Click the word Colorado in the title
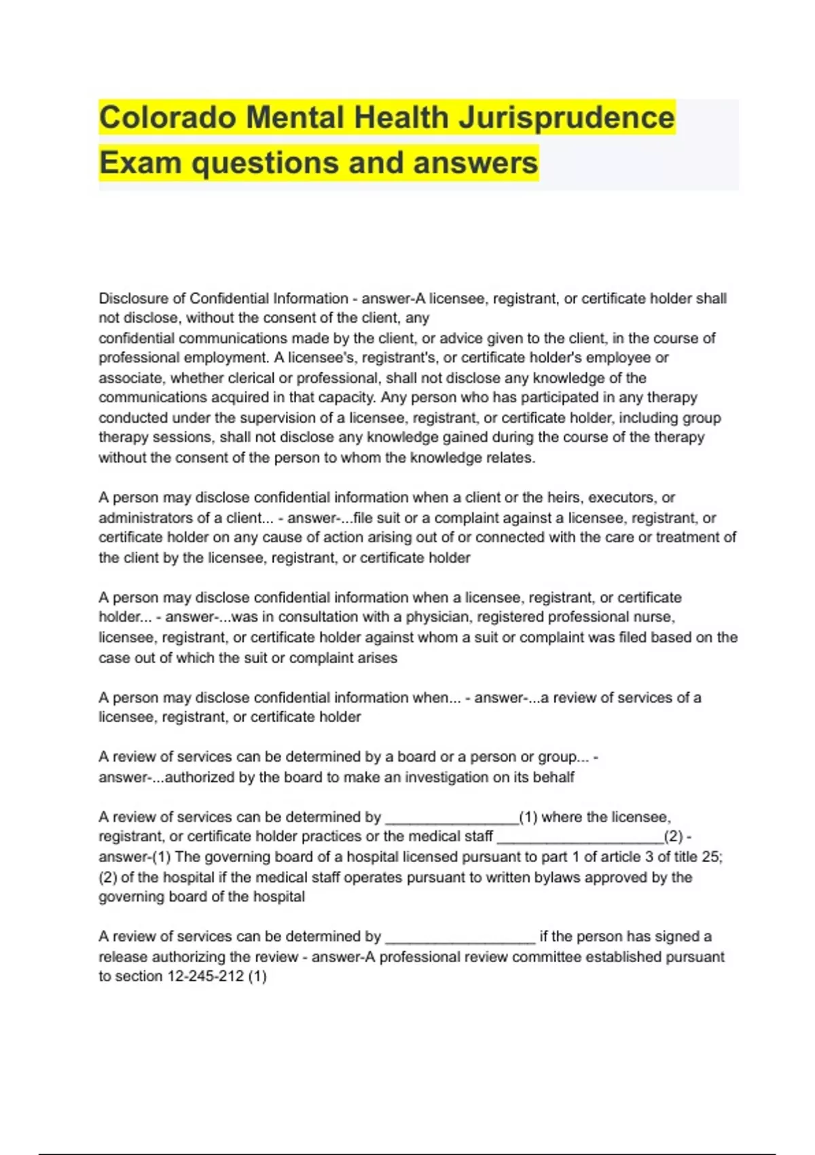click(x=167, y=118)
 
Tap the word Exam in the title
click(x=139, y=163)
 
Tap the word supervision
click(x=279, y=418)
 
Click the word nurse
click(x=655, y=617)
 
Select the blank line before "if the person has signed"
click(x=460, y=938)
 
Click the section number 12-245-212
click(x=204, y=976)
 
